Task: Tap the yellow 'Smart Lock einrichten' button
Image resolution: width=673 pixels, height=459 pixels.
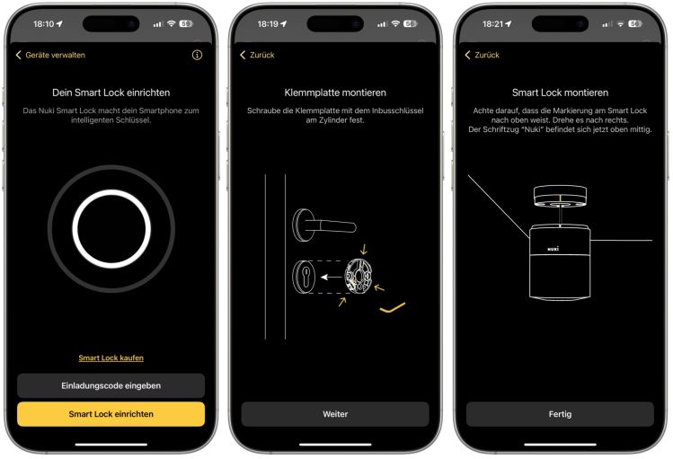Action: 111,414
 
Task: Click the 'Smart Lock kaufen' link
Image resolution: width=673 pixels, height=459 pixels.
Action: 111,357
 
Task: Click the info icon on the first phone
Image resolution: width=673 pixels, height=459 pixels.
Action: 198,55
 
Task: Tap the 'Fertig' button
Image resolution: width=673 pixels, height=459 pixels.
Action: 560,414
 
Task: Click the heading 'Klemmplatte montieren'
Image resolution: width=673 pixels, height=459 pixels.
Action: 335,93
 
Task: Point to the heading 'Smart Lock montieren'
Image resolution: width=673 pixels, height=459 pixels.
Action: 560,93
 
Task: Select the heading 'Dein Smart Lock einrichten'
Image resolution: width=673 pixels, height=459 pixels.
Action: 111,93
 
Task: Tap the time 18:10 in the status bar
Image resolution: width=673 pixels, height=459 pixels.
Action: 42,23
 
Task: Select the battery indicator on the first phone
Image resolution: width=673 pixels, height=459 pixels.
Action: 186,23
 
